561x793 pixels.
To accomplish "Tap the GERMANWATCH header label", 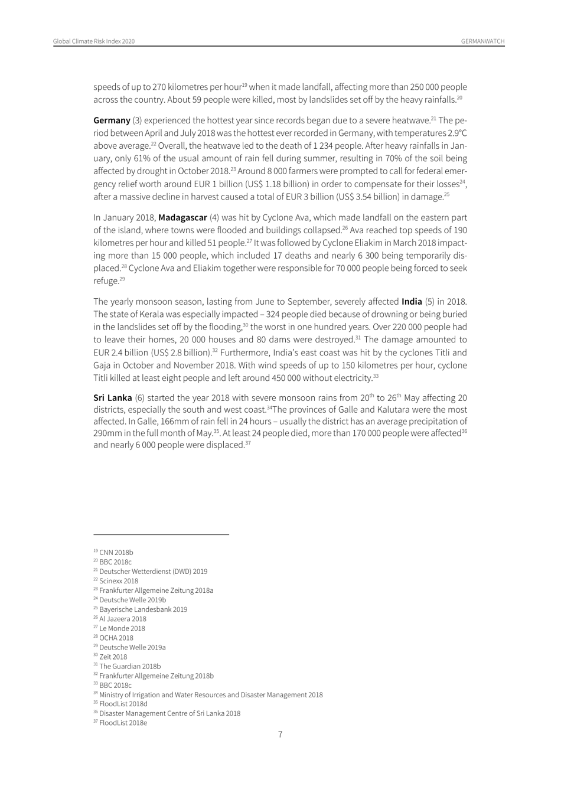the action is [483, 41].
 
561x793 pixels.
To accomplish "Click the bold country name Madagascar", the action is [182, 217].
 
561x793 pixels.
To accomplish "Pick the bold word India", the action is [412, 302].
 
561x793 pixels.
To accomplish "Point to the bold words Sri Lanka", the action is [112, 397].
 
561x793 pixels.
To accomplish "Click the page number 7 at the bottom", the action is [280, 735].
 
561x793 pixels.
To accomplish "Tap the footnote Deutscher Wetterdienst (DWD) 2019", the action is [153, 572].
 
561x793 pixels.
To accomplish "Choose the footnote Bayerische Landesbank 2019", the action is [143, 609].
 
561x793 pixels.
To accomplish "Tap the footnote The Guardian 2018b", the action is [130, 666].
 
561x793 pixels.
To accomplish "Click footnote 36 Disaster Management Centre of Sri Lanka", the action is [170, 713].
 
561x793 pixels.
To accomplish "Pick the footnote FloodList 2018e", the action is [123, 723].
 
